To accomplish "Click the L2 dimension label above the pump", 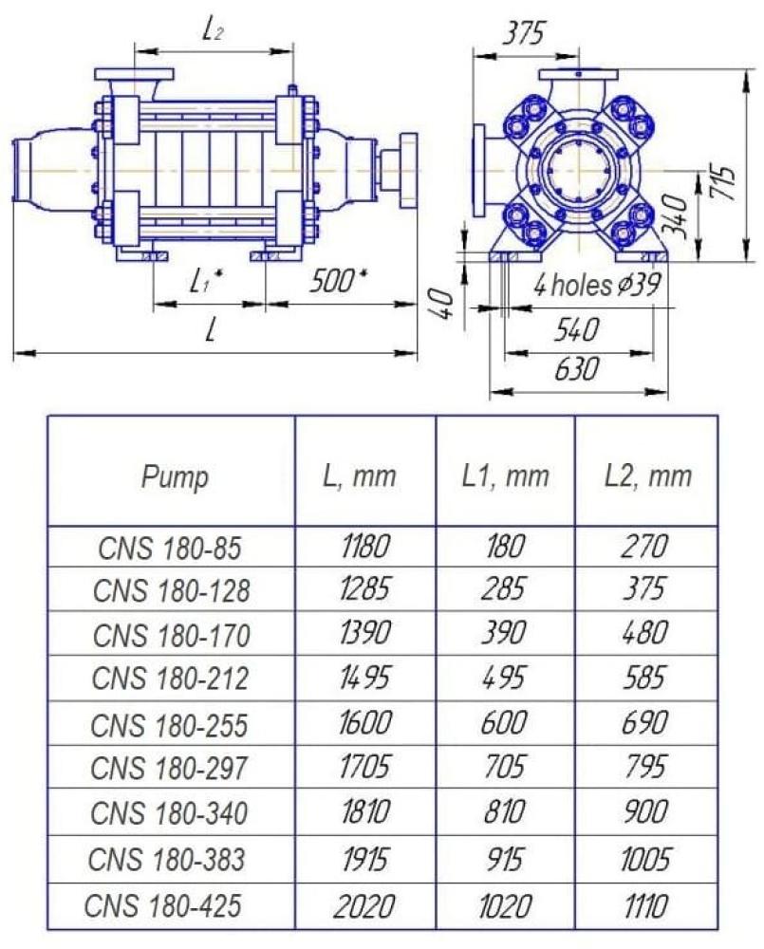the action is click(212, 30).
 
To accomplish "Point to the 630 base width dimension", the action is click(576, 368).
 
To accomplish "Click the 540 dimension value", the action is click(576, 329).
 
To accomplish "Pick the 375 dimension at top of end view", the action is click(524, 33).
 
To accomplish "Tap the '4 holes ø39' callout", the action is click(596, 284).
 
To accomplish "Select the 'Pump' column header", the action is click(175, 477).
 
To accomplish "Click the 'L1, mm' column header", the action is click(505, 476).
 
